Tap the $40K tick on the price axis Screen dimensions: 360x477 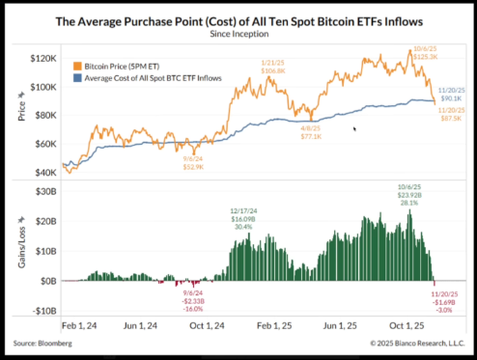(43, 172)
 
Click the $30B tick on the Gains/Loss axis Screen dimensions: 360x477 (43, 192)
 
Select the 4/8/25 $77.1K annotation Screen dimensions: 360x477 (310, 129)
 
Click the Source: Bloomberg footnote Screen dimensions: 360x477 (45, 343)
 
